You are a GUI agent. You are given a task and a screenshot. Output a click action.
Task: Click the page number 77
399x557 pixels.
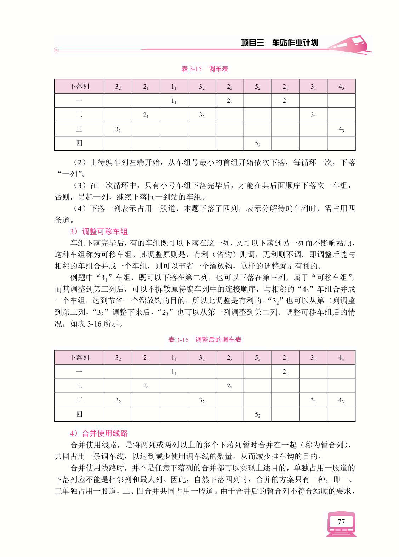click(341, 522)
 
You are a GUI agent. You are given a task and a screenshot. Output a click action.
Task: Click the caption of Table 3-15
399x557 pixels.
click(205, 69)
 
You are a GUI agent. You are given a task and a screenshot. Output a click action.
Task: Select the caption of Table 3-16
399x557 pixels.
click(205, 340)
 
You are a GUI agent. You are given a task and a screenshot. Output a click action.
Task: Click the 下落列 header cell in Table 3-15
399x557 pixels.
click(79, 87)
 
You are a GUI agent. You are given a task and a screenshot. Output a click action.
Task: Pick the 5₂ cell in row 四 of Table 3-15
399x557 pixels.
click(258, 144)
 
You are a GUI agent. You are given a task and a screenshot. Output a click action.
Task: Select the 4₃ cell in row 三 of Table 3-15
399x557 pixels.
click(341, 129)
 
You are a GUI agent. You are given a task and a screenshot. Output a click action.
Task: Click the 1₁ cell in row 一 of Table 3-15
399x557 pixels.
click(174, 101)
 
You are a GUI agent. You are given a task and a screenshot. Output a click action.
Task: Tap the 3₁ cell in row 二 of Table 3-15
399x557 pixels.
click(313, 115)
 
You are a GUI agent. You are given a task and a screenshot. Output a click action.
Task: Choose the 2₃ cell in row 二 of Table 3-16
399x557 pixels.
click(230, 386)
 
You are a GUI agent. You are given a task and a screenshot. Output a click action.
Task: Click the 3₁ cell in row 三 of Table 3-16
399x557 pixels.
click(313, 400)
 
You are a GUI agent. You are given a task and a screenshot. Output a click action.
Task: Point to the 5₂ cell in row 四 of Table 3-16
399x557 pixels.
click(258, 414)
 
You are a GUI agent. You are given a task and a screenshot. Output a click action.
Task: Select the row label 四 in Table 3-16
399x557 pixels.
click(79, 414)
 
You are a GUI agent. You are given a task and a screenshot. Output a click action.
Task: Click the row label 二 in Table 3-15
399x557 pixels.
click(79, 115)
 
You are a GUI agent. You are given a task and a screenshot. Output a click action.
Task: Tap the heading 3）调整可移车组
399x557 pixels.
click(99, 232)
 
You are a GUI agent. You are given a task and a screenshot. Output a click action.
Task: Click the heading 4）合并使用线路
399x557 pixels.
click(99, 433)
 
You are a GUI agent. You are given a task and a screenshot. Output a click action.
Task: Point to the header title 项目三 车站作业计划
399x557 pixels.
click(279, 43)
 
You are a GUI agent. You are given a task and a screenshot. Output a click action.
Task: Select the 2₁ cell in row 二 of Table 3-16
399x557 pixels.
click(146, 386)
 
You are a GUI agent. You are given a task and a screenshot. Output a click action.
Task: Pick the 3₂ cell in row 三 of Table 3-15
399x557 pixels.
click(118, 129)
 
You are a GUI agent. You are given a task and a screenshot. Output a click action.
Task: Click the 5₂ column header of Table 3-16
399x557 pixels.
click(258, 358)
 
